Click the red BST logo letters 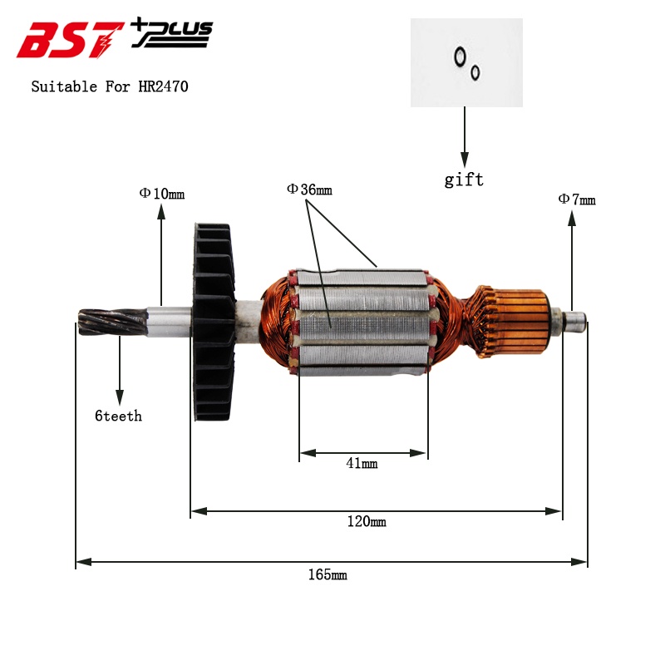(71, 40)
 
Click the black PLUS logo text (173, 33)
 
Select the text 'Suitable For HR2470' (110, 86)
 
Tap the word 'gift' (464, 180)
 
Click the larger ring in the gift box (459, 57)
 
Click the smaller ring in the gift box (475, 72)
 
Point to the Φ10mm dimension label (161, 194)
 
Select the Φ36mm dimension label (309, 190)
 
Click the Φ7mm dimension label (576, 199)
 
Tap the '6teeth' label (118, 416)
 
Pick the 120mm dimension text (367, 522)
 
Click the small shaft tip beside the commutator (574, 318)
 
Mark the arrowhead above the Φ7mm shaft (571, 219)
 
